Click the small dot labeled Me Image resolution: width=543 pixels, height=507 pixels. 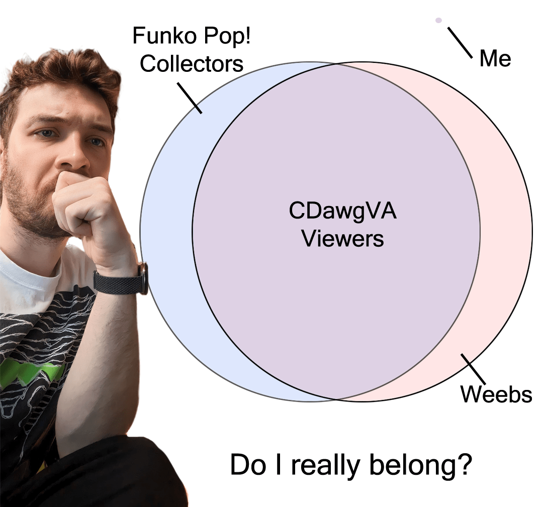[x=438, y=20]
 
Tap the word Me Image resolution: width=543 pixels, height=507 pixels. [x=495, y=59]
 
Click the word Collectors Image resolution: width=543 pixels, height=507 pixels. [x=192, y=64]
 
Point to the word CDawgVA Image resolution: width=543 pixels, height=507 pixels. [x=343, y=211]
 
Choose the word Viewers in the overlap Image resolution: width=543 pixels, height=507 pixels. [x=343, y=238]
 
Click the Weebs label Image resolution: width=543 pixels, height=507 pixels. [x=496, y=394]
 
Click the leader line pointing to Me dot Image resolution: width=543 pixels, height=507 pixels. [x=460, y=42]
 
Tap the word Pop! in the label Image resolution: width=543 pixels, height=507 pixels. [x=224, y=36]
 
